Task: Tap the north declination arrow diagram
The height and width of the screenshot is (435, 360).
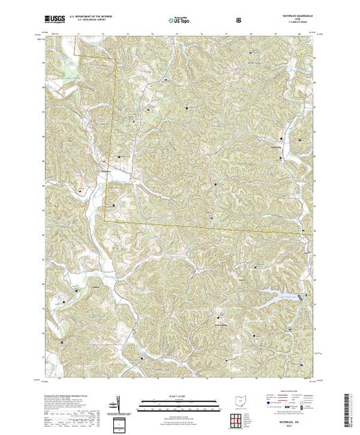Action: point(117,403)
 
